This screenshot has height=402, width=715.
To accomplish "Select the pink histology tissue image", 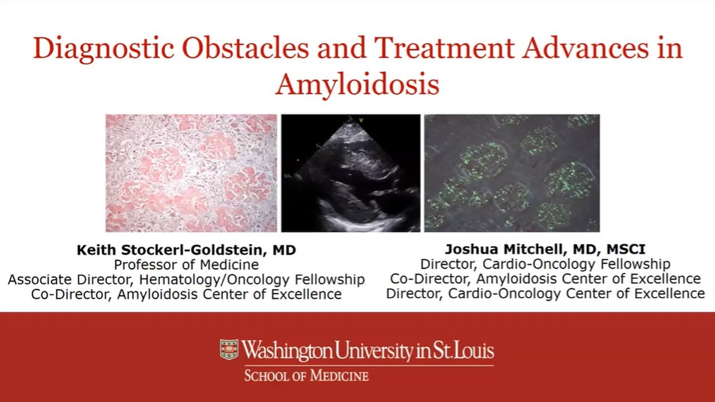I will [191, 173].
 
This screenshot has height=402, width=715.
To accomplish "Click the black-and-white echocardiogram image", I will [350, 173].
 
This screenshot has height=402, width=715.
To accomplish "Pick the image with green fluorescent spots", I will [512, 173].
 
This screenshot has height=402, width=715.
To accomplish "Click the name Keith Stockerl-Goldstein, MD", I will [186, 250].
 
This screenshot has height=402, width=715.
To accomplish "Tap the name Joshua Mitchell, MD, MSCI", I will [545, 249].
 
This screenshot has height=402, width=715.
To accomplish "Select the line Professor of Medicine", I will [186, 264].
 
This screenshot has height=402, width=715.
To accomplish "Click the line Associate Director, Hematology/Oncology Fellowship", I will [186, 279].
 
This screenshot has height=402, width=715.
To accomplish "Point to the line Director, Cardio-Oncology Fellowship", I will [545, 264].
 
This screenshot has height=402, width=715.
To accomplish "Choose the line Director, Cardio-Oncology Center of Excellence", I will [545, 293].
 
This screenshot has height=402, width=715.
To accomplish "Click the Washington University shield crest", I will [228, 350].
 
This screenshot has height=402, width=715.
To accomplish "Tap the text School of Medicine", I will [306, 375].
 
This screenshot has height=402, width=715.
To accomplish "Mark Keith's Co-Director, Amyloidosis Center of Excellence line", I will [186, 294].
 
